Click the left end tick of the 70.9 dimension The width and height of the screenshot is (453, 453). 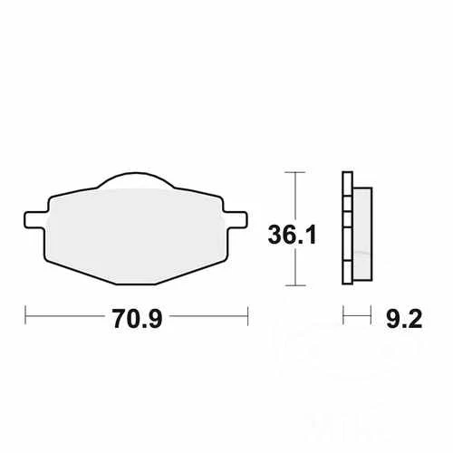25,316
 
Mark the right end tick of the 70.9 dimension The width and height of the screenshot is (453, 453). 247,316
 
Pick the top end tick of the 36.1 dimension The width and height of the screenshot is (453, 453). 291,170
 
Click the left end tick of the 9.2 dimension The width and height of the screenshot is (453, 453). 343,316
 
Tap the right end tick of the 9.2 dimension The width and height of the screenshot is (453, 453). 372,316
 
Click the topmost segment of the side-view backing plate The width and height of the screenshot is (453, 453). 346,180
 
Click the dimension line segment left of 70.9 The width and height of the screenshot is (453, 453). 63,316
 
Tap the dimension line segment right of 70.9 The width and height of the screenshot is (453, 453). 208,316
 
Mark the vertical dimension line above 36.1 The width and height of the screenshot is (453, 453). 291,195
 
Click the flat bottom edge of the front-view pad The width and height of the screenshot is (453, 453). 136,283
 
